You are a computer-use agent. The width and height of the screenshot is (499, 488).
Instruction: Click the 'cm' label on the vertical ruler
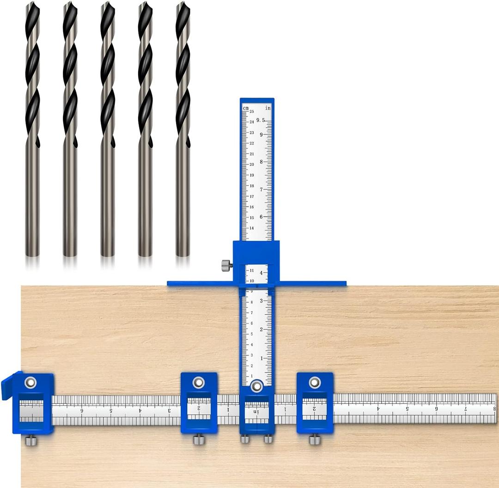tap(246, 108)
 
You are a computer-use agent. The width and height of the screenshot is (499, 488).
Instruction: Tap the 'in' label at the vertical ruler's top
tap(268, 108)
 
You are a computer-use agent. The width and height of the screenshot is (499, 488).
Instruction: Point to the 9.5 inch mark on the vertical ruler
tap(262, 120)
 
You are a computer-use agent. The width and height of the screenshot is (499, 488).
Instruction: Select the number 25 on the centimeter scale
tap(251, 112)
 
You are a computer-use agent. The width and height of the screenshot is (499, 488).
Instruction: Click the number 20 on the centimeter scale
tap(251, 165)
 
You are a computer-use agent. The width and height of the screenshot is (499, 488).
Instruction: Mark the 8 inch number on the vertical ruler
tap(261, 162)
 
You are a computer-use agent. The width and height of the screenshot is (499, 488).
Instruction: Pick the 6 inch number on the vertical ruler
tap(261, 217)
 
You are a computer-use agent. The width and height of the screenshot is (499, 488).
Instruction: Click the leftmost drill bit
tap(32, 129)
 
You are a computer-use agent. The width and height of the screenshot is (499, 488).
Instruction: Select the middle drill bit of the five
tap(108, 129)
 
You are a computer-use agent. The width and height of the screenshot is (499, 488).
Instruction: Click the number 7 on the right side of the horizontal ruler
tap(466, 409)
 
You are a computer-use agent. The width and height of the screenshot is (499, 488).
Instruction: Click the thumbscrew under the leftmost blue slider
tap(31, 441)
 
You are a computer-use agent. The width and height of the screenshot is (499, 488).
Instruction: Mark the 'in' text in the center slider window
tap(256, 411)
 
